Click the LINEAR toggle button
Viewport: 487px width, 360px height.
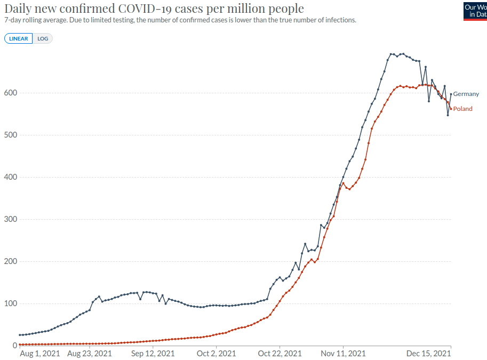tap(19, 38)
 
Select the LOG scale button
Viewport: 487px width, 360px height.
tap(43, 38)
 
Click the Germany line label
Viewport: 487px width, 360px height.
tap(466, 94)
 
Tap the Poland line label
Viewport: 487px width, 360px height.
tap(462, 109)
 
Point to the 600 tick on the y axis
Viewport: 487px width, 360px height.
tap(11, 93)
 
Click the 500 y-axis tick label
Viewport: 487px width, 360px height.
tap(11, 135)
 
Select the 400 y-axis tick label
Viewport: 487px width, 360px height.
tap(11, 177)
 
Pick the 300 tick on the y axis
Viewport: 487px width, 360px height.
tap(11, 219)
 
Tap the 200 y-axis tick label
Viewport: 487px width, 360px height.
tap(11, 261)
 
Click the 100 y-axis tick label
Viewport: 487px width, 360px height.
tap(11, 303)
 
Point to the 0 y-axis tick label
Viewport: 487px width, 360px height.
tap(15, 346)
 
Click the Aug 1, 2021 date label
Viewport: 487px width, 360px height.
tap(40, 353)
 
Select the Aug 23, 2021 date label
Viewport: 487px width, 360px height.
tap(90, 353)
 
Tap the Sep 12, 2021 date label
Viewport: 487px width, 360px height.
tap(153, 353)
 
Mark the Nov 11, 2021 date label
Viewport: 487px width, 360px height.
tap(343, 353)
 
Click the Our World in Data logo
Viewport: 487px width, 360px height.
tap(475, 11)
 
